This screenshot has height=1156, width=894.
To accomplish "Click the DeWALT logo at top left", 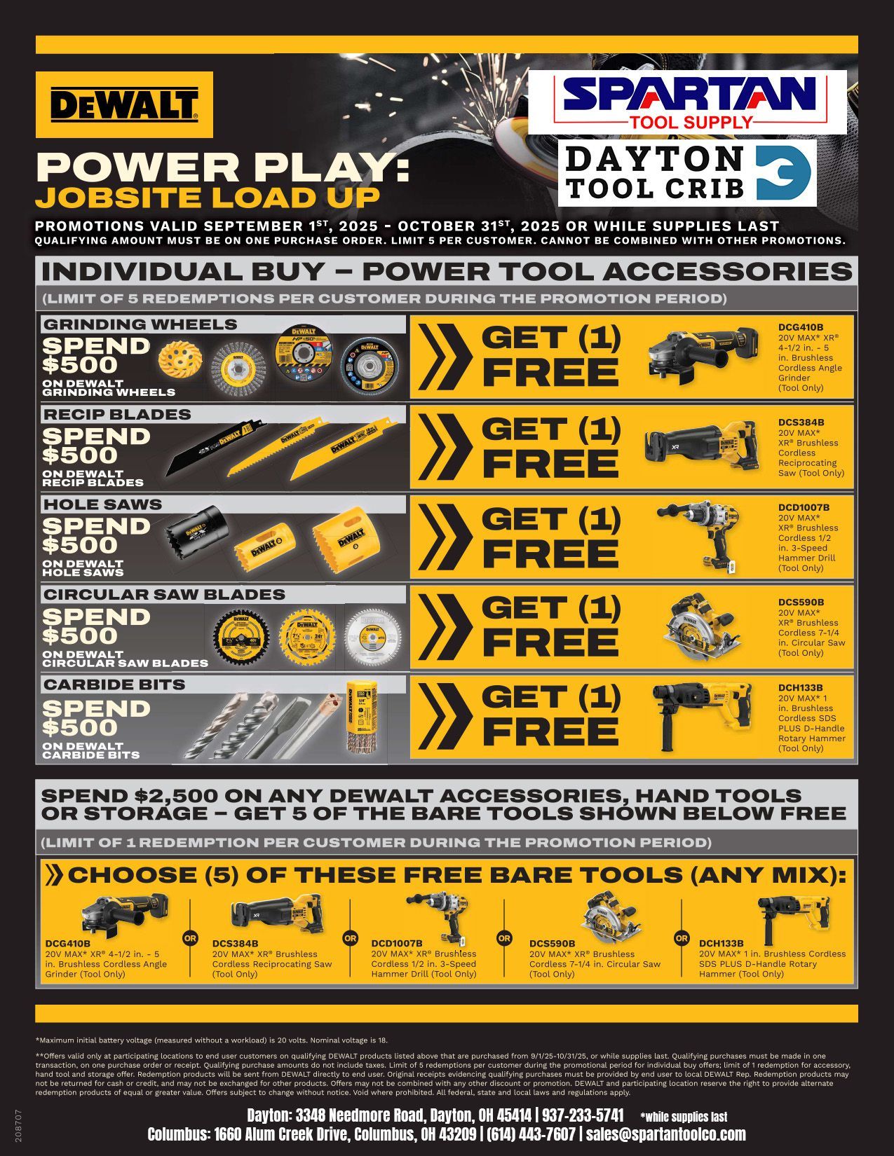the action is tap(124, 104).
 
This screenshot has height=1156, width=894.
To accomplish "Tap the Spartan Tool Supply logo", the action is tap(687, 102).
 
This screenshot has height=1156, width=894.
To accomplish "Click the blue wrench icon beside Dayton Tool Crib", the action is tap(784, 173).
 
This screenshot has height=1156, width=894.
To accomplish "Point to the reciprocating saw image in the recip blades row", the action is tap(700, 446).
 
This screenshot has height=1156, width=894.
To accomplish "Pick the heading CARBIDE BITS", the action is tap(114, 684).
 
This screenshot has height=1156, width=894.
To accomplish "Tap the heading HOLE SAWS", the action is tap(103, 504).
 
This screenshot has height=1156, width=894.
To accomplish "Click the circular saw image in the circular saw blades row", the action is tap(700, 626).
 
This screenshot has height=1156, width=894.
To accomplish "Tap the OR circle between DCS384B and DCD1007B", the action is tap(350, 938).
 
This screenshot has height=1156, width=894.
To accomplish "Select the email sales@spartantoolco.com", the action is tap(665, 1134).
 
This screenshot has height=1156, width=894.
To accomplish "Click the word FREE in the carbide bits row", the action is tap(550, 731).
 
